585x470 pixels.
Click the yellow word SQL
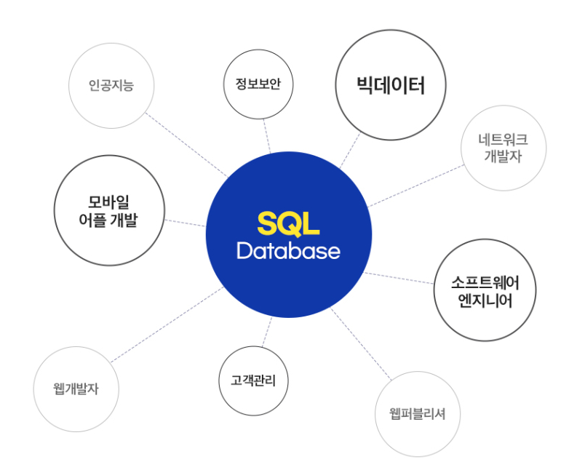point(288,224)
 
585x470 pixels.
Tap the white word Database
point(288,252)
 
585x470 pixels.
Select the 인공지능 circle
point(111,87)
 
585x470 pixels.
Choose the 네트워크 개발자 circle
point(503,148)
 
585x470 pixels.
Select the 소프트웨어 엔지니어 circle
point(484,290)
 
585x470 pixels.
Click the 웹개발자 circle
point(76,389)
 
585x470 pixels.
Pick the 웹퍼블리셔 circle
point(418,415)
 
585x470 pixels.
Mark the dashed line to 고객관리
point(266,331)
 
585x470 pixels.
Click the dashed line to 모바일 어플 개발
point(185,222)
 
